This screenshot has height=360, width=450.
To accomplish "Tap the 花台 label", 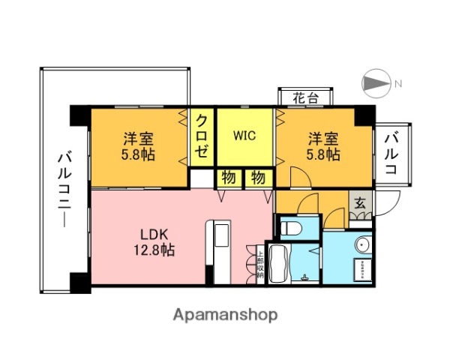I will pos(304,97).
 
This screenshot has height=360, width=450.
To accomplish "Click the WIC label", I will pos(244,136).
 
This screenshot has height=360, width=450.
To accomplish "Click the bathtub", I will pos(277,264).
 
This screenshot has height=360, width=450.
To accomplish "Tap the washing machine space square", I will pos(361,268).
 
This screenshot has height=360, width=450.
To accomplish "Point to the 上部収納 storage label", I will pos(259,264).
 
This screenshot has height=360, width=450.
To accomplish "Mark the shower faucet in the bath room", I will pos(303,276).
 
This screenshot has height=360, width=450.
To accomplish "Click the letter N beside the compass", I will pos(399,82).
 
